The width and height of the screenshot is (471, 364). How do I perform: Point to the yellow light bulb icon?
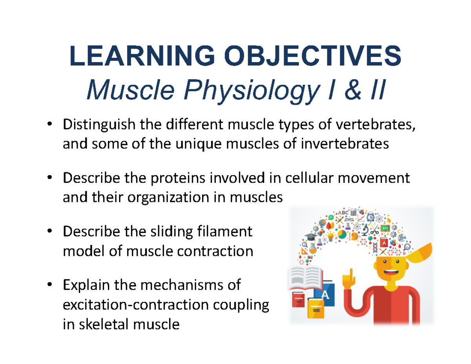click(330, 237)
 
